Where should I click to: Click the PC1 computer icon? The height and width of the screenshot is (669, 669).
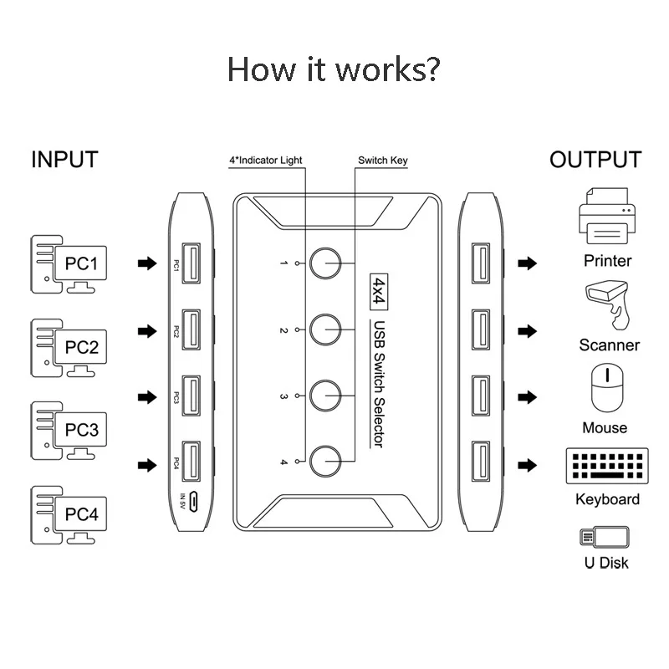(x=69, y=264)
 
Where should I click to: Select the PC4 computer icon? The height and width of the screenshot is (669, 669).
(x=69, y=515)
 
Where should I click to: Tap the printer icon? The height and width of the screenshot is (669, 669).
(x=607, y=216)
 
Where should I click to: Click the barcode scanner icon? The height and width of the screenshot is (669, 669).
(x=607, y=305)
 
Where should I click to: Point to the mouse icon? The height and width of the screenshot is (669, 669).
(x=607, y=388)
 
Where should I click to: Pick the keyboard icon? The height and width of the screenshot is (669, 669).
(x=607, y=466)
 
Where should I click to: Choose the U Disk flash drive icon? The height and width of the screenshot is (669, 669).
(x=605, y=537)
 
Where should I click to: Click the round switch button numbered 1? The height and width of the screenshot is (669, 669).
(x=325, y=263)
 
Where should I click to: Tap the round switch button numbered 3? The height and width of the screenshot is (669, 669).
(x=325, y=396)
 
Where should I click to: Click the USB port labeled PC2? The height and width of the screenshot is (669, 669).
(x=192, y=330)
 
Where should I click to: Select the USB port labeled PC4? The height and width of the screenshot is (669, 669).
(x=192, y=462)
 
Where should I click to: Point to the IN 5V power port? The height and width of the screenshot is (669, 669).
(x=193, y=502)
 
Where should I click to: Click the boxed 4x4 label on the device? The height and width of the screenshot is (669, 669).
(x=379, y=291)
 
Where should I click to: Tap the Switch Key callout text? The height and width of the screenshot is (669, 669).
(x=383, y=161)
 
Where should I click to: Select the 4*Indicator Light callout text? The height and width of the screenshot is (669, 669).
(x=265, y=161)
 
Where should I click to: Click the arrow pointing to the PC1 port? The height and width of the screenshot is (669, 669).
(x=148, y=263)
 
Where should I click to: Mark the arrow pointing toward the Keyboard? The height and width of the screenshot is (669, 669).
(x=528, y=465)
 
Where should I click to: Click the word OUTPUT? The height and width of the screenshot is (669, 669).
(x=595, y=160)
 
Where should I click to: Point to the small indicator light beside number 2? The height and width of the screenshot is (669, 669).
(x=298, y=329)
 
